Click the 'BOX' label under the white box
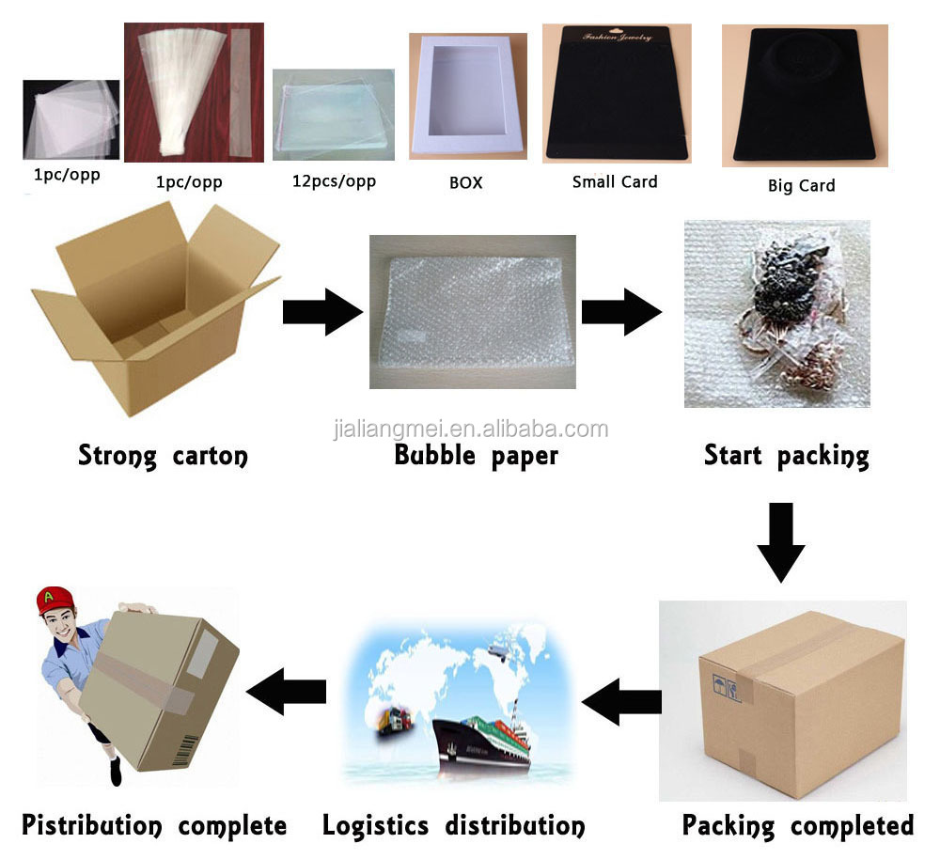465,182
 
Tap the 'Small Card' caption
615,181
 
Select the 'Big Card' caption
801,185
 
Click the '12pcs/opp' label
334,180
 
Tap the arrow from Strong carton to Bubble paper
322,312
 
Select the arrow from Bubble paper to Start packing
620,312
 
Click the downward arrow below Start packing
780,541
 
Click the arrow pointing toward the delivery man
286,693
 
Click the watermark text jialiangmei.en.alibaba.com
471,429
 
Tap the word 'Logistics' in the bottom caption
377,826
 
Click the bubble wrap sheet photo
472,311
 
